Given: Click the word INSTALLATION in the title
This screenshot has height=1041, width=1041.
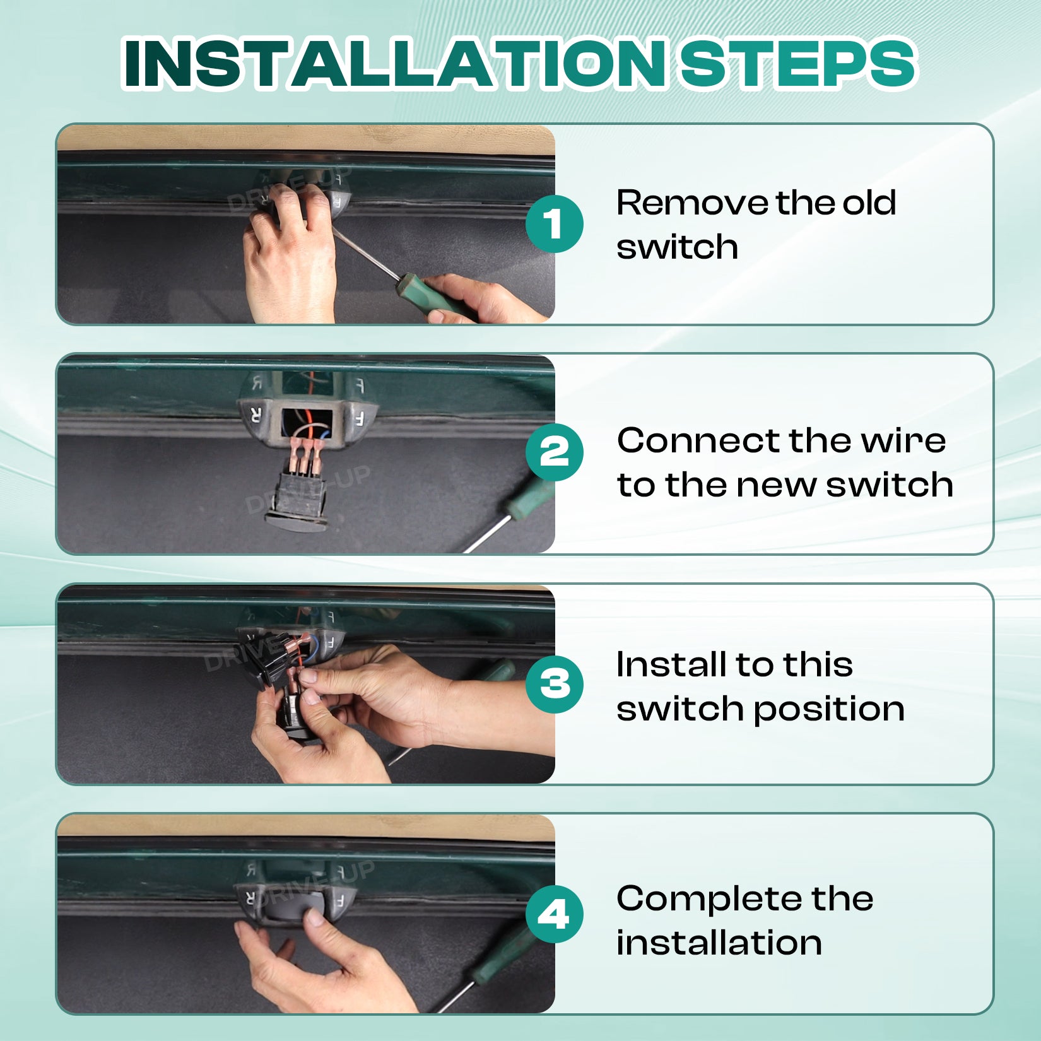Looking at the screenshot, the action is [x=394, y=64].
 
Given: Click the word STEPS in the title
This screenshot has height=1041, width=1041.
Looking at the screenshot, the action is [x=797, y=64].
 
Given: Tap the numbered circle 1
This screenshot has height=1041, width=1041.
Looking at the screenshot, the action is [x=555, y=224].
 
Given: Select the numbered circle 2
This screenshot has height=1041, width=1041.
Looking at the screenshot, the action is [x=555, y=452].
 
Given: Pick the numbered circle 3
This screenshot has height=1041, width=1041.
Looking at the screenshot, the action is [x=555, y=684].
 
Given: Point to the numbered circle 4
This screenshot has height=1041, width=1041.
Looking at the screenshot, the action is [x=555, y=914].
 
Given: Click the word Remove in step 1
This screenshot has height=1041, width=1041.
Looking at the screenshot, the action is [x=691, y=203].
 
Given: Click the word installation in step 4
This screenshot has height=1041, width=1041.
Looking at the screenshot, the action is [x=719, y=943].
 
